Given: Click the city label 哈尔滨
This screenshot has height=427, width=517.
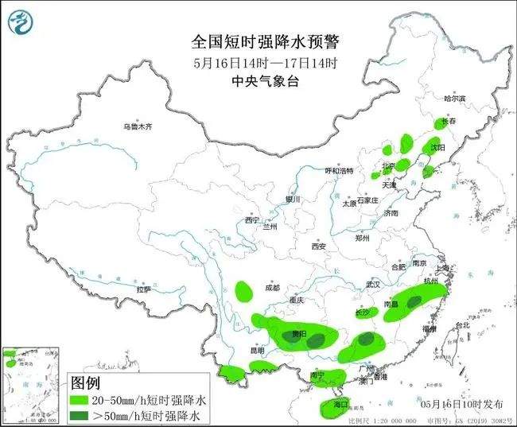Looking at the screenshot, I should [x=453, y=99].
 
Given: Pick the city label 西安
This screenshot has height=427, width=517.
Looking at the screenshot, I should [x=319, y=246].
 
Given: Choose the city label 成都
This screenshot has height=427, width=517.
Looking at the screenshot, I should [x=271, y=287].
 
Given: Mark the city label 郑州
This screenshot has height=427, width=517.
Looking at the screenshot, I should [x=362, y=238].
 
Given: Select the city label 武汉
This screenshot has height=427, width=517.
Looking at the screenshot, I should [x=374, y=284].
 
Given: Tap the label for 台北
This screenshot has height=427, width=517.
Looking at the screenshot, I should [x=461, y=324].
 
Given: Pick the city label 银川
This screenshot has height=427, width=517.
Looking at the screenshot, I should [x=293, y=200].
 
